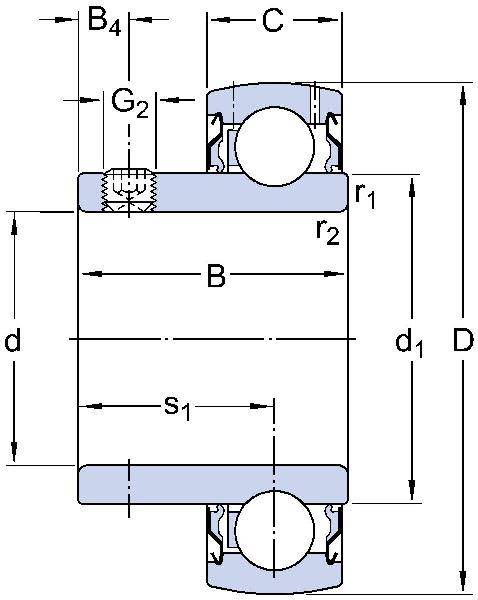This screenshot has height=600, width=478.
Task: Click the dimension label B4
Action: [104, 20]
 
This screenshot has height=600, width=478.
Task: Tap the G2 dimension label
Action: [130, 102]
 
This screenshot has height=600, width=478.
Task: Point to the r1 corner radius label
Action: [365, 194]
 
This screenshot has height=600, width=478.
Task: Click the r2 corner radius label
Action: [327, 231]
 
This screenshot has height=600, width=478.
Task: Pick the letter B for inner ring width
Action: [216, 276]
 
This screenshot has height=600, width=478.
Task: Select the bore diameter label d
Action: [13, 343]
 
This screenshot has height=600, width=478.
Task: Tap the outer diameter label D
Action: [462, 342]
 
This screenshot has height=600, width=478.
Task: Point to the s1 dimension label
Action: [177, 406]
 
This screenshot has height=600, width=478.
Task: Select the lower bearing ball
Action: [272, 531]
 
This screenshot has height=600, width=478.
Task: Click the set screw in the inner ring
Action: [130, 188]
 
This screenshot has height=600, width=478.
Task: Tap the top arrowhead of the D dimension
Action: [462, 95]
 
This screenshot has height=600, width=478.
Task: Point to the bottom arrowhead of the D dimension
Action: [462, 586]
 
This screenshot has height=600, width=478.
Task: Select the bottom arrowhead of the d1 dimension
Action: [410, 491]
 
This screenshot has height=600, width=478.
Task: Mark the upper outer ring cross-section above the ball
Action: [272, 95]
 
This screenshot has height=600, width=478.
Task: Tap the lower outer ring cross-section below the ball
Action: [272, 580]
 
